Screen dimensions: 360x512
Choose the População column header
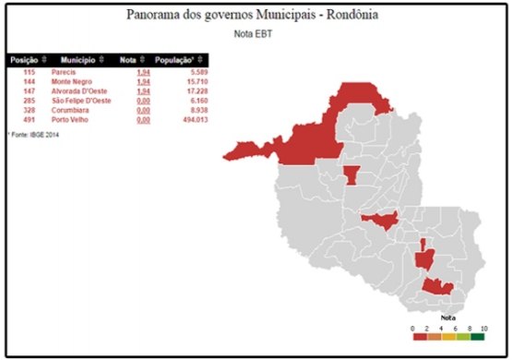tap(174, 59)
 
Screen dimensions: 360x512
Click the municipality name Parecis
tap(64, 71)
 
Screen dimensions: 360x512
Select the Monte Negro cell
tap(70, 80)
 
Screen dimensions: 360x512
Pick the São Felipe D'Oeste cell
tap(81, 100)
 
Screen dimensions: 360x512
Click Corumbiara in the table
tap(69, 109)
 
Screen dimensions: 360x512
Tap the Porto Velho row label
tap(70, 119)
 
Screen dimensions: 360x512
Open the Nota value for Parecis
tap(142, 71)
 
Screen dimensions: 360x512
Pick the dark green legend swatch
tap(477, 337)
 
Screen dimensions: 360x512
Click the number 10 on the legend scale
tap(484, 328)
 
